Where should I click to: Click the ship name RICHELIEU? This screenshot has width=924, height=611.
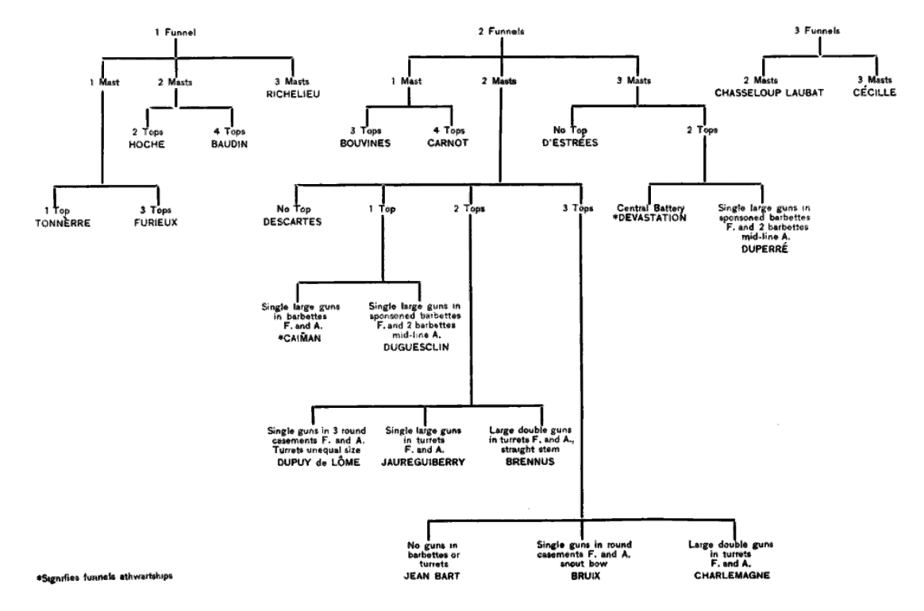click(284, 93)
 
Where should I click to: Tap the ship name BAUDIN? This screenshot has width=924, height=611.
click(214, 144)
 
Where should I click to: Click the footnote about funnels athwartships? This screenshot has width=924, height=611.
click(94, 576)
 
